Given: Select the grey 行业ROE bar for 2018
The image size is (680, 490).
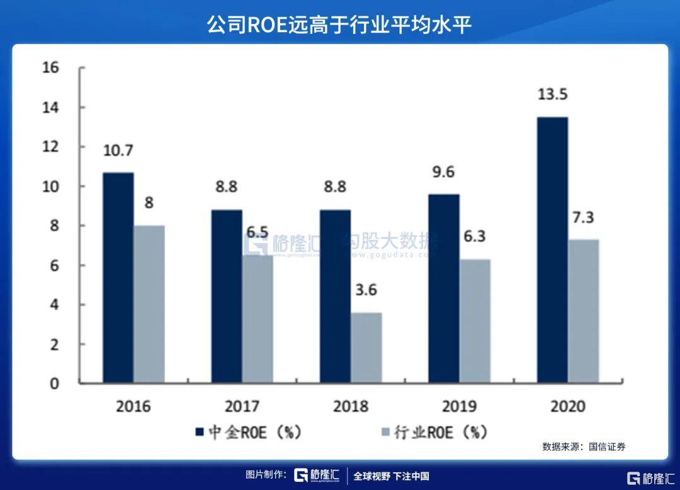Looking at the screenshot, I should point(366,348).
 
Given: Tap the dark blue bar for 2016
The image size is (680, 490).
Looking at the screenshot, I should point(118,278).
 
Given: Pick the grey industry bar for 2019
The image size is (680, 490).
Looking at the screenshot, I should point(475,321).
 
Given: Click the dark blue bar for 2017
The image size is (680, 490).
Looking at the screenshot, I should point(227,296).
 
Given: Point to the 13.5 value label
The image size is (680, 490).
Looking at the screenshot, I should point(553,94).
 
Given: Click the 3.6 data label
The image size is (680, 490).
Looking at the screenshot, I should point(366,290).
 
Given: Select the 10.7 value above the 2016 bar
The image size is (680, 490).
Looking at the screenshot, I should point(118,150).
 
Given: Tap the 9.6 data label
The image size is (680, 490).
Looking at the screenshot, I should point(444,172).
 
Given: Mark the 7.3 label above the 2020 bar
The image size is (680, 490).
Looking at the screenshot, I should point(584,217).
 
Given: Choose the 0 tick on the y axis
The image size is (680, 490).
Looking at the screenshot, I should point(54,383).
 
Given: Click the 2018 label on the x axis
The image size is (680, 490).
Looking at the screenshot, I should point(351,406).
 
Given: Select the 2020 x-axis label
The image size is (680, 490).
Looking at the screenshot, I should point(567,406).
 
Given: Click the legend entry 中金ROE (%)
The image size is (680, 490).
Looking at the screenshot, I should point(249,433).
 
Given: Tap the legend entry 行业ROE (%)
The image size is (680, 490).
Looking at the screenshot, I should point(434,433).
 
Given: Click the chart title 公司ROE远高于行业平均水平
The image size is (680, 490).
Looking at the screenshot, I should point(340,24).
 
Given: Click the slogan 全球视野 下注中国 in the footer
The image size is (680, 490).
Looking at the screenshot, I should point(391,476).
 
